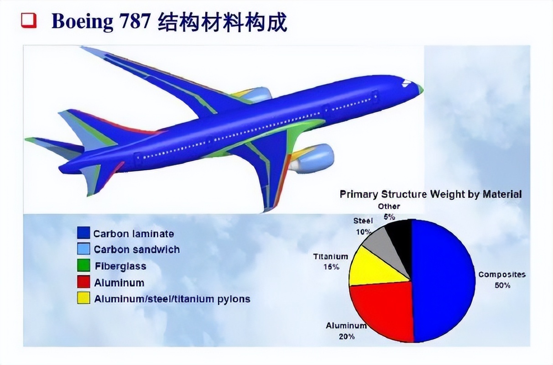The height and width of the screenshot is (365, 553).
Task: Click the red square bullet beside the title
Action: click(29, 21)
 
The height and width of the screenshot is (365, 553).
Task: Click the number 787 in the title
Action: click(136, 21)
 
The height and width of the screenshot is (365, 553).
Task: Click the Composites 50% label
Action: click(502, 280)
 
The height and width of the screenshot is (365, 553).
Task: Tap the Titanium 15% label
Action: click(330, 261)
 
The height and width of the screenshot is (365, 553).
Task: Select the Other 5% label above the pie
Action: click(389, 212)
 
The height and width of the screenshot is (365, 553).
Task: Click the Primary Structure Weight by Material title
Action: click(431, 194)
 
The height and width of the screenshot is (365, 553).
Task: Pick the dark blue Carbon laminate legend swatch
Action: click(83, 233)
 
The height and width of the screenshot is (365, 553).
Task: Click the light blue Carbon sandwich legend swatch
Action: click(83, 249)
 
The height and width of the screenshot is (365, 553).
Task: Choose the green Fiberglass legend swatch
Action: click(83, 265)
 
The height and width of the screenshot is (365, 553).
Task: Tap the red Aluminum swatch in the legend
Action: click(83, 282)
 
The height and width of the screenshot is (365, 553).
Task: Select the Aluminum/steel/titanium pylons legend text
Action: click(172, 299)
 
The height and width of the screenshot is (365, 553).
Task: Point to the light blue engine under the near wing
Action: click(313, 158)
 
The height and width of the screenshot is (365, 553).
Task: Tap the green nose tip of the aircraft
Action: click(421, 89)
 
